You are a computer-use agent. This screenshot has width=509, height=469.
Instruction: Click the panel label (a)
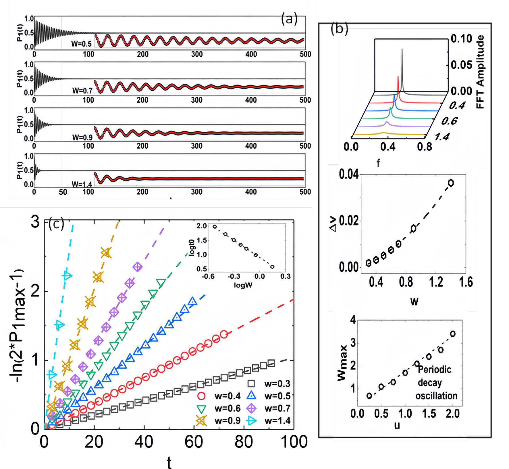point(289,19)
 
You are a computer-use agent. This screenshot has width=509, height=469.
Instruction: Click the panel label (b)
point(339,29)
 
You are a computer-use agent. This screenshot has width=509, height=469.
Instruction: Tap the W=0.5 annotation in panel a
point(81,44)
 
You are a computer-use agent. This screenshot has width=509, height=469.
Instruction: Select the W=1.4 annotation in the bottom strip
point(82,184)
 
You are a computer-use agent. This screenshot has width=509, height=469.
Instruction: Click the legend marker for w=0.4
point(202,396)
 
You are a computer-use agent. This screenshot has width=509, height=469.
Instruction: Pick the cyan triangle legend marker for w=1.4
point(252,421)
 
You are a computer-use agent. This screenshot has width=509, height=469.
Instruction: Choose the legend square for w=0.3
point(252,384)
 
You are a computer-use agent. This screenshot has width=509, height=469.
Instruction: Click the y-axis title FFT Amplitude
point(480,72)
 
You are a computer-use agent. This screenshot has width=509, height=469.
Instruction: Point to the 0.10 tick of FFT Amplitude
point(461,39)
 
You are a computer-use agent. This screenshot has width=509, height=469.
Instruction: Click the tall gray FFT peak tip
point(402,49)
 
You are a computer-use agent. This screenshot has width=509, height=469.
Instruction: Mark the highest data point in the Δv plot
point(451,183)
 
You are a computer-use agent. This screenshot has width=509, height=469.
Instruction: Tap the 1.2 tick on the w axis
point(436,282)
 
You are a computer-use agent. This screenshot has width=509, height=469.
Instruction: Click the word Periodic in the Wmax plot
point(434,369)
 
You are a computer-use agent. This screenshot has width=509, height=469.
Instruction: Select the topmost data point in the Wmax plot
point(453,334)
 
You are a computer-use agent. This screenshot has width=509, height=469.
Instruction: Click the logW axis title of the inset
point(243,285)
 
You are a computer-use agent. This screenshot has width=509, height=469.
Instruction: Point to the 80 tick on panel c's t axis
point(244,442)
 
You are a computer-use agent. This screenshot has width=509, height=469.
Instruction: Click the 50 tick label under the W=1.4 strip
point(63,192)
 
